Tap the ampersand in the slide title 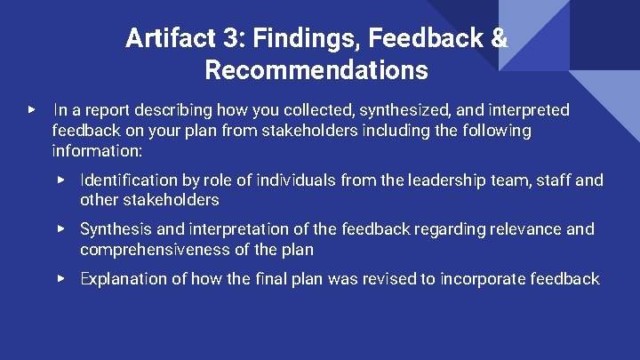[500, 38]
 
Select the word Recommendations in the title [316, 69]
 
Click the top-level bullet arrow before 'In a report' [33, 110]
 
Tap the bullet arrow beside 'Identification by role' [61, 180]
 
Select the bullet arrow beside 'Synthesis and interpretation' [61, 228]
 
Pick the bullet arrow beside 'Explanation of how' [61, 279]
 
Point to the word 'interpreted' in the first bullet [524, 110]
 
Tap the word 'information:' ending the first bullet [97, 150]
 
